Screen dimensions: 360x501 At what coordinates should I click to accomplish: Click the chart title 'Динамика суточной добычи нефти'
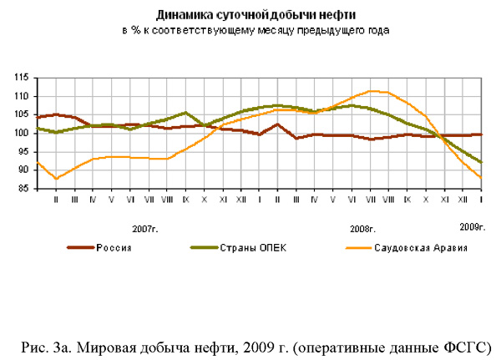(x=250, y=15)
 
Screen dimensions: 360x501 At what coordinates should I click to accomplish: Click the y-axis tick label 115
(x=22, y=78)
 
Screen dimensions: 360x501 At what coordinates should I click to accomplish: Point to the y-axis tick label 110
(x=22, y=96)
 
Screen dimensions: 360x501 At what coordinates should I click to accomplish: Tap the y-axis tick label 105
(x=22, y=114)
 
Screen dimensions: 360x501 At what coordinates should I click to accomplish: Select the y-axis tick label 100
(x=22, y=133)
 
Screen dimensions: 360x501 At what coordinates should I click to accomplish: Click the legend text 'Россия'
(x=114, y=247)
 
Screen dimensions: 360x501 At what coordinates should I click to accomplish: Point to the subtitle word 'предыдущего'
(x=337, y=30)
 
